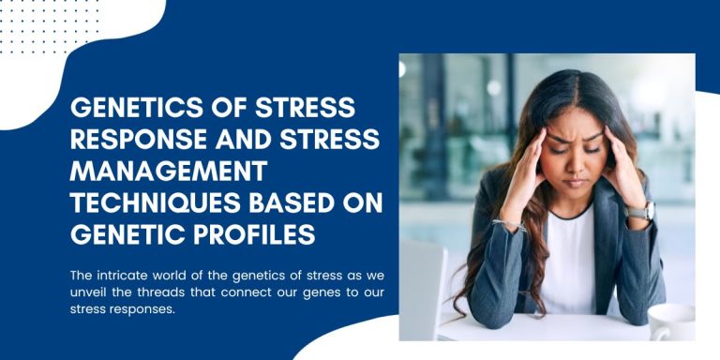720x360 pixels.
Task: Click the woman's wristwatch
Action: (640, 212)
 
